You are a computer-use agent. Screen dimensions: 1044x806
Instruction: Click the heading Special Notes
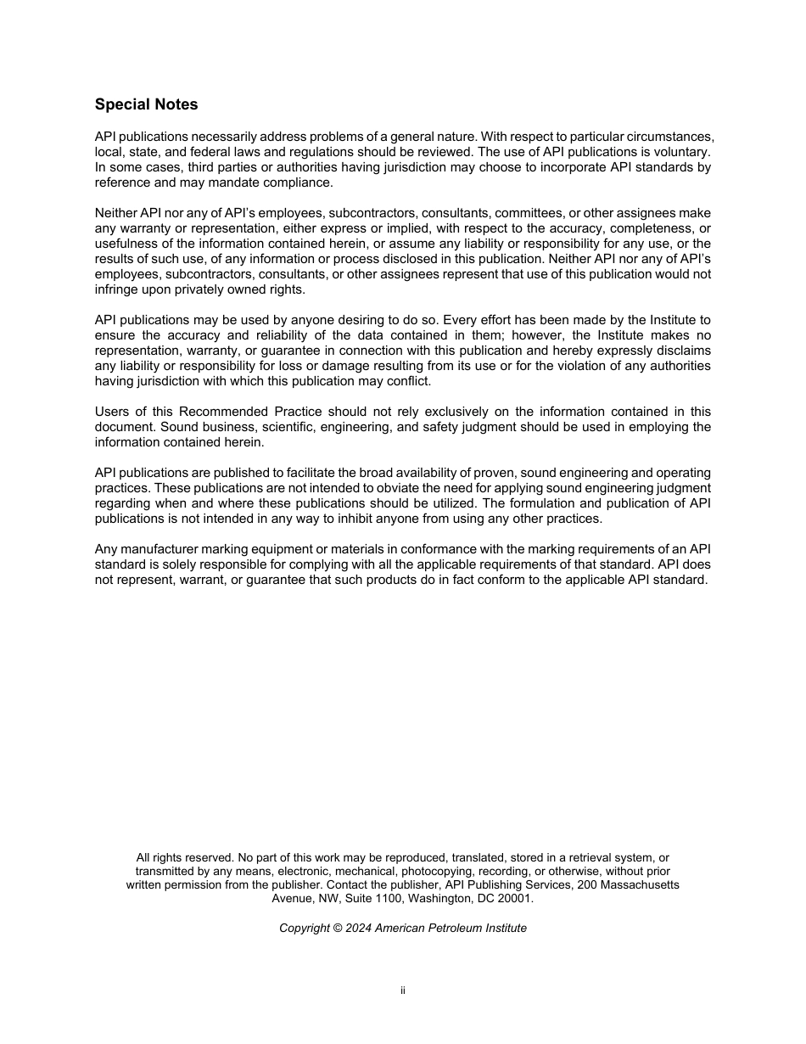pyautogui.click(x=146, y=104)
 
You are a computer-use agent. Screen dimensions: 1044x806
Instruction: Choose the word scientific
pyautogui.click(x=290, y=427)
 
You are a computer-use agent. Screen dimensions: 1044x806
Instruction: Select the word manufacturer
pyautogui.click(x=158, y=549)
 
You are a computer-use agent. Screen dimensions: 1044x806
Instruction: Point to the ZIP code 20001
pyautogui.click(x=514, y=898)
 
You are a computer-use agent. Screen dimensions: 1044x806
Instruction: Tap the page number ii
pyautogui.click(x=403, y=991)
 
